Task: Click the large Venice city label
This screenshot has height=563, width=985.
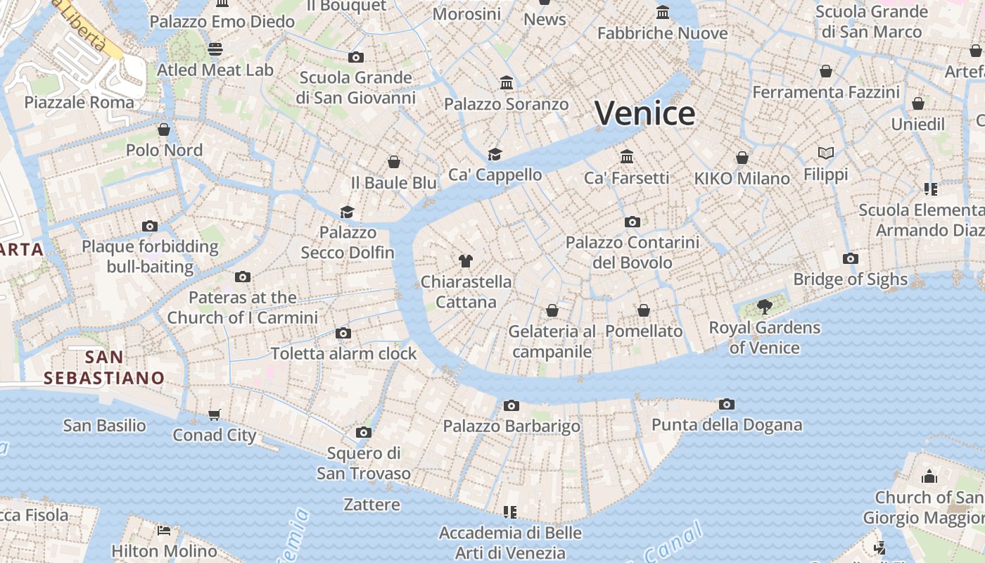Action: tap(645, 113)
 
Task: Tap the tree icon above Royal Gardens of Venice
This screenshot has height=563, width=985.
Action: tap(764, 307)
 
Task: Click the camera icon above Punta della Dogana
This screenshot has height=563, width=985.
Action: tap(727, 404)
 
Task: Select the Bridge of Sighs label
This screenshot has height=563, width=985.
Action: tap(850, 279)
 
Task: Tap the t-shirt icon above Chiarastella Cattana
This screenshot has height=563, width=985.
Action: tap(465, 261)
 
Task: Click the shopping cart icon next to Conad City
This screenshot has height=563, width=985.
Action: tap(215, 415)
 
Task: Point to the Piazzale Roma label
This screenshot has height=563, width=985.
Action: tap(79, 103)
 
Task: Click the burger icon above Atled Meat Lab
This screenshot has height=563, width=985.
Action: tap(215, 49)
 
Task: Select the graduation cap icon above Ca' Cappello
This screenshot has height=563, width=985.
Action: tap(495, 154)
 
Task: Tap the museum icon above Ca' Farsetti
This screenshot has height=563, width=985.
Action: tap(627, 156)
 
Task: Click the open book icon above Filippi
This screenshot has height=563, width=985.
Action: tap(826, 153)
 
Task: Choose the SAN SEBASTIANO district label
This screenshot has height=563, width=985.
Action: tap(103, 367)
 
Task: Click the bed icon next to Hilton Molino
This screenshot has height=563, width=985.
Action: tap(164, 531)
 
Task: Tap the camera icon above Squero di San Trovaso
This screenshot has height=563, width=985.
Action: tap(363, 432)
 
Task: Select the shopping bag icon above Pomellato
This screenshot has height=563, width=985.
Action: tap(644, 310)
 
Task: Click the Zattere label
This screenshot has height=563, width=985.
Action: tap(371, 505)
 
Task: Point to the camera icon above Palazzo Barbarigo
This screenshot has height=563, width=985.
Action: tap(511, 405)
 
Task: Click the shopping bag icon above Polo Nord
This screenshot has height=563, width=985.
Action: tap(164, 129)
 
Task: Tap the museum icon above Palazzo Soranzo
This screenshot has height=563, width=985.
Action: tap(507, 83)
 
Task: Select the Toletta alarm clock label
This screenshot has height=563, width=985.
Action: tap(343, 353)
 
